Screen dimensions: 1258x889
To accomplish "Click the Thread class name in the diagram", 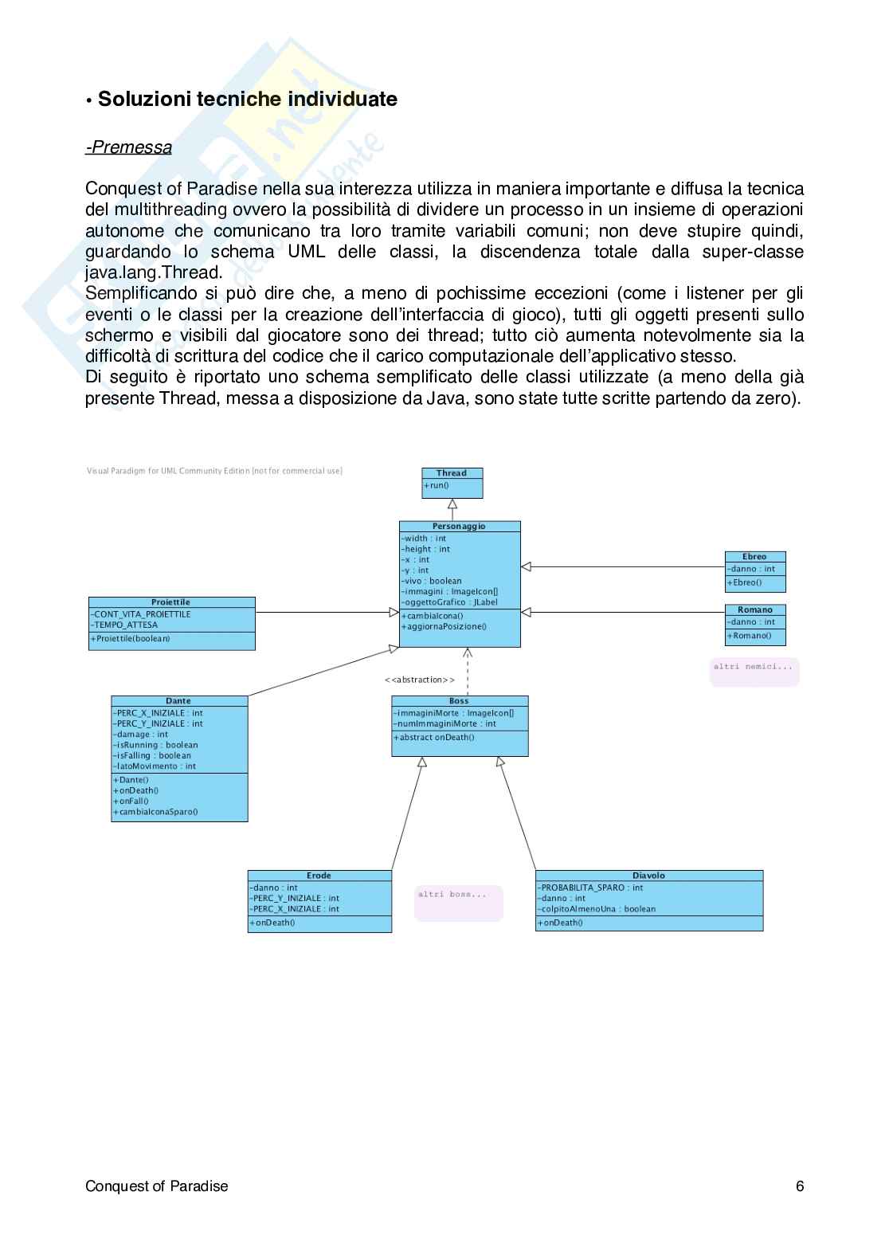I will pyautogui.click(x=452, y=473).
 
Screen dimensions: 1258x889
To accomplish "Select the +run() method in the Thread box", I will pyautogui.click(x=437, y=485).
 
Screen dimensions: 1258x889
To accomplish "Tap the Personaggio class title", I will pyautogui.click(x=459, y=527).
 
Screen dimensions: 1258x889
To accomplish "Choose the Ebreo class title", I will pyautogui.click(x=754, y=557).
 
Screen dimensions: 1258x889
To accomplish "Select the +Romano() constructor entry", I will pyautogui.click(x=749, y=636).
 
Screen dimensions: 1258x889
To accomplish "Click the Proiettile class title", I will pyautogui.click(x=171, y=602).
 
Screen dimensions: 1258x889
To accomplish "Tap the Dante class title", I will pyautogui.click(x=178, y=701).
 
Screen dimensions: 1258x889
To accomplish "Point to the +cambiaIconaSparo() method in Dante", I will pyautogui.click(x=155, y=812).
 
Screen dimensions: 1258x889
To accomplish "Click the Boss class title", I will pyautogui.click(x=459, y=701).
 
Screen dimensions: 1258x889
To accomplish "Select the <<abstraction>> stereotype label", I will pyautogui.click(x=419, y=680).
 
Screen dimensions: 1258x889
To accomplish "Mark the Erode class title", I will pyautogui.click(x=319, y=876).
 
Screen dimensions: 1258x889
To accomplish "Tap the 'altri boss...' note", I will pyautogui.click(x=452, y=895).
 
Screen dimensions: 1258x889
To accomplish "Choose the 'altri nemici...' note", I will pyautogui.click(x=753, y=666).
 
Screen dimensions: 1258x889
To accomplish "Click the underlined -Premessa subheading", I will pyautogui.click(x=128, y=147).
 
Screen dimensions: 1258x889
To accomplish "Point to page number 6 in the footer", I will pyautogui.click(x=800, y=1186).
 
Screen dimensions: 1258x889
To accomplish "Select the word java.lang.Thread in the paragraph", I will pyautogui.click(x=154, y=272).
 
